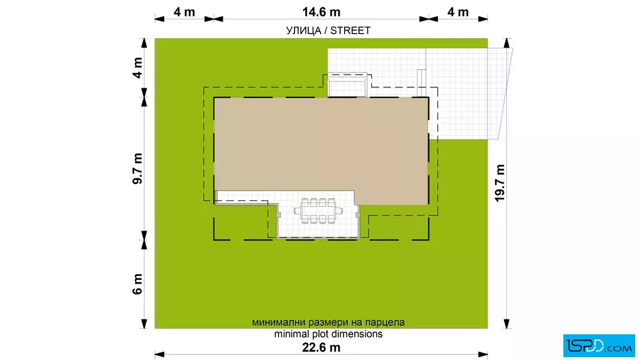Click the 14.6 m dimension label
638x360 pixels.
tap(321, 12)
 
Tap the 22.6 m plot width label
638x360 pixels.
tap(321, 347)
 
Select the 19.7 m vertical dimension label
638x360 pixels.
tap(500, 183)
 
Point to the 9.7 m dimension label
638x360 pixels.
tap(137, 169)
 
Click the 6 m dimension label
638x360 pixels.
tap(137, 284)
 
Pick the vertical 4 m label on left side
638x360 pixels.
tap(137, 68)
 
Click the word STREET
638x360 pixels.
tap(350, 31)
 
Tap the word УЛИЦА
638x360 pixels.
tap(304, 31)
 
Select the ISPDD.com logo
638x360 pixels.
tap(599, 346)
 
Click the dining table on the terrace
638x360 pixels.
tap(318, 211)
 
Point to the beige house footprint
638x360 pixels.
tap(321, 150)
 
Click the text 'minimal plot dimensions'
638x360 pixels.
tap(328, 334)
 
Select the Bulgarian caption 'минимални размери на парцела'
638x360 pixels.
tap(328, 322)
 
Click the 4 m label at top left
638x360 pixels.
tap(185, 12)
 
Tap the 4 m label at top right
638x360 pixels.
tap(458, 12)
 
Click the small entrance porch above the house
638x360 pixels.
tap(347, 85)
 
